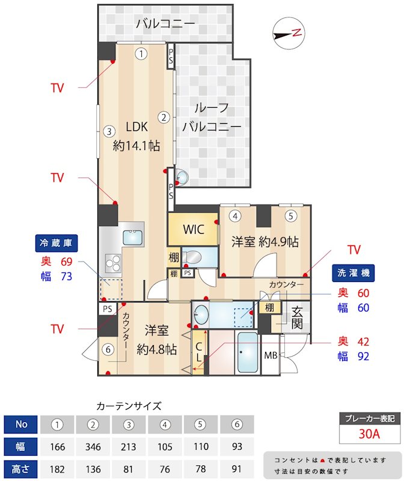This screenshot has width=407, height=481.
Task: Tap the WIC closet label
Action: (194, 229)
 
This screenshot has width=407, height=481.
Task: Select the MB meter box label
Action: (271, 355)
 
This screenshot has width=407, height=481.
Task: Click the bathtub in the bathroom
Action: (248, 352)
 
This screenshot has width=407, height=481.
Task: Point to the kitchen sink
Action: (133, 237)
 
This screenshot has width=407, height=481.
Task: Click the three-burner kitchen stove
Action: (113, 263)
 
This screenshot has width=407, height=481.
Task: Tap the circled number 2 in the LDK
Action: (164, 117)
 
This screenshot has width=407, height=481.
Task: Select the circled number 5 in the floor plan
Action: (291, 216)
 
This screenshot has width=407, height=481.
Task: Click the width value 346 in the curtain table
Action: (93, 447)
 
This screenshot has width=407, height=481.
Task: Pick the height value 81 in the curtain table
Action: (128, 469)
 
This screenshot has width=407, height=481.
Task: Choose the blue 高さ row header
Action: (20, 469)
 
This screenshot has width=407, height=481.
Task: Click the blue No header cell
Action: (20, 424)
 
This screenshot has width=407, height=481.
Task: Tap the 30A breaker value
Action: (369, 434)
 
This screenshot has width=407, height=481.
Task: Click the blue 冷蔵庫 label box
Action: (57, 244)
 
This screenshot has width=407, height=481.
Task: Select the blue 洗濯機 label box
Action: (353, 273)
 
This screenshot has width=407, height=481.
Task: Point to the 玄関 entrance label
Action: (297, 317)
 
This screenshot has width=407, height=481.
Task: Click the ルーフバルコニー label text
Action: (212, 117)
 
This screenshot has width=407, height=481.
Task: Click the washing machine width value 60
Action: (364, 308)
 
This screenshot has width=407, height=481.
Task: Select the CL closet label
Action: (199, 352)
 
